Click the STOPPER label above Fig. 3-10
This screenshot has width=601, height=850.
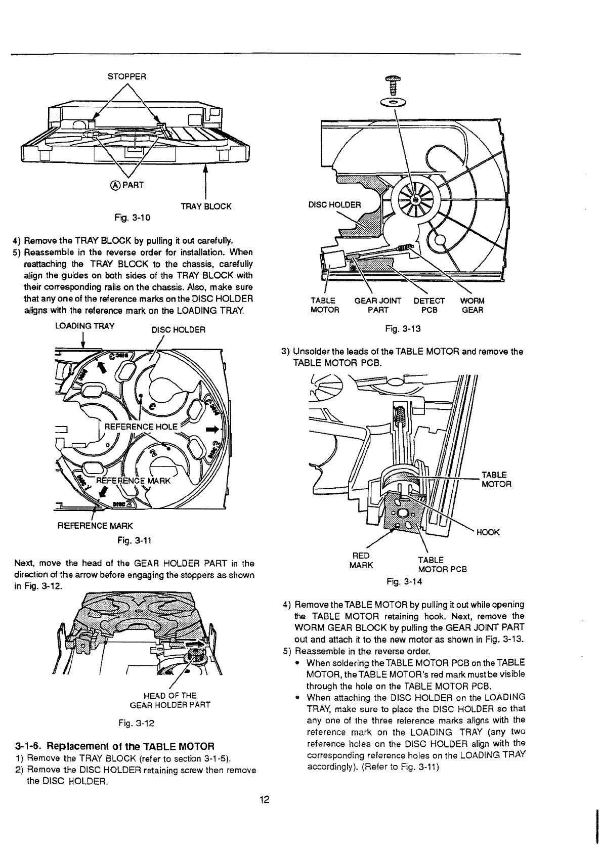[127, 77]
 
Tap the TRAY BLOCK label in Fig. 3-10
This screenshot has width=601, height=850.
[206, 206]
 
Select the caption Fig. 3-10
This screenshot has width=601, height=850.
[133, 218]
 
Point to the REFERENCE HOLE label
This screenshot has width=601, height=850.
[141, 427]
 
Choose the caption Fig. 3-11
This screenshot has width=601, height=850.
[132, 541]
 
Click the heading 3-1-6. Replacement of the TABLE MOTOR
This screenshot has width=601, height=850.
[115, 746]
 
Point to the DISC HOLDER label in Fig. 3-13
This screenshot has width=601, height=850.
[334, 205]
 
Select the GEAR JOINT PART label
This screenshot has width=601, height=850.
[378, 305]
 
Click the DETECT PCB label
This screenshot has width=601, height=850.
[429, 305]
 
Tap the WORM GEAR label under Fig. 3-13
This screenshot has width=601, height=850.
[472, 305]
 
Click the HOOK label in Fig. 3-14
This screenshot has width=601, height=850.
[488, 532]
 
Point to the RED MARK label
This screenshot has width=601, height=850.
[361, 560]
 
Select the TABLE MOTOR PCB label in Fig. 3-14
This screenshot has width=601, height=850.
[439, 564]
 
